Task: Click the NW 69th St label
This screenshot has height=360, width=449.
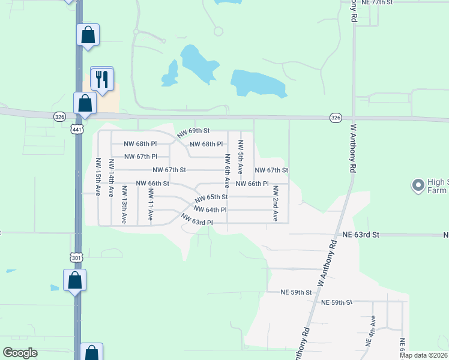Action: coord(193,130)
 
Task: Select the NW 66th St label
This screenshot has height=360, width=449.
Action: coord(152,184)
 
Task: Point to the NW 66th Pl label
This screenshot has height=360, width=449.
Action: coord(252,184)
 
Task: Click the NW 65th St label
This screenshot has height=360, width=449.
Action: coord(211,197)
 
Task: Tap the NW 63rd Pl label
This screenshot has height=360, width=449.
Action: coord(197,222)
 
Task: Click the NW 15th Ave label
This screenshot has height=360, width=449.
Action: coord(98,177)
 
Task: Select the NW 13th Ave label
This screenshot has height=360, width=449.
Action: coord(124,205)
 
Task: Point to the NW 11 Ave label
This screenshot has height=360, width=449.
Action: coord(151,205)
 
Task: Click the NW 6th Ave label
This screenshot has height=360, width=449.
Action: coord(228,171)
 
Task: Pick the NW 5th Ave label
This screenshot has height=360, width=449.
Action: coord(241,157)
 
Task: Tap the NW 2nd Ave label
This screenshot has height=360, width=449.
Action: coord(276,203)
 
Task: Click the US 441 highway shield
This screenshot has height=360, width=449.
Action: coord(77,129)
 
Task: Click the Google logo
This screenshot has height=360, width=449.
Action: coord(20,353)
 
